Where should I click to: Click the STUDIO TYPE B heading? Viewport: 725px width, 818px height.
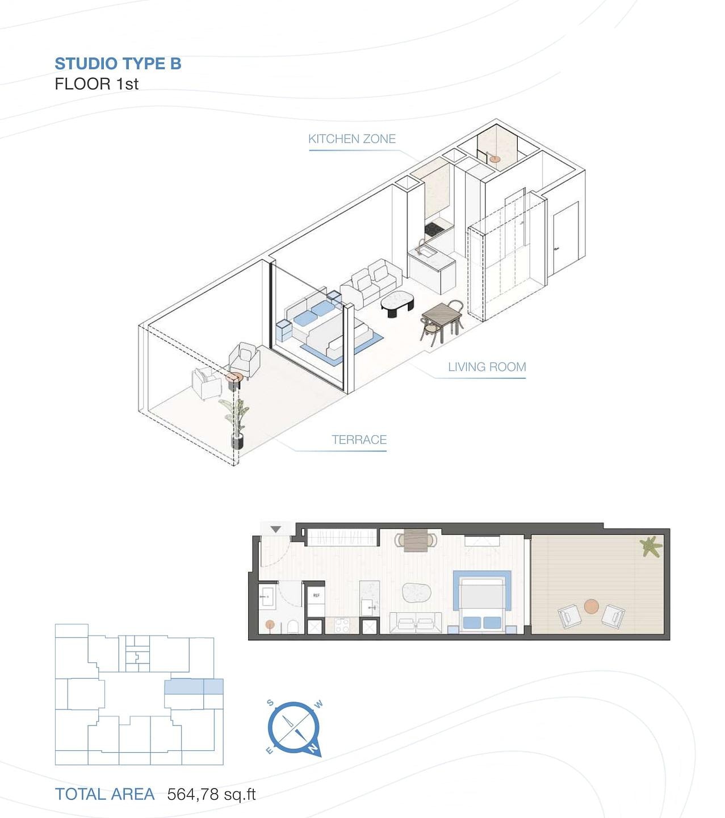[x=118, y=64]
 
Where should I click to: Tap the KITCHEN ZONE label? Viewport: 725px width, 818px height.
[x=352, y=139]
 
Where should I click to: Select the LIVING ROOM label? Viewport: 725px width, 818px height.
[x=487, y=366]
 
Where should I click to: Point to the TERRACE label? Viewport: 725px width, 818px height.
[x=359, y=439]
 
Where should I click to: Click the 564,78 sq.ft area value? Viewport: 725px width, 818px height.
[x=211, y=794]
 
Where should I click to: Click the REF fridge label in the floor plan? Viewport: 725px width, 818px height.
[x=316, y=595]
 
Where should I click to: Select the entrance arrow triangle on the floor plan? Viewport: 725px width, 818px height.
[x=275, y=529]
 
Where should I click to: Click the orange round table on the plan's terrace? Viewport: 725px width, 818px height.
[x=591, y=607]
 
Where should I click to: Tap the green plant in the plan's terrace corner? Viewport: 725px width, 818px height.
[x=651, y=546]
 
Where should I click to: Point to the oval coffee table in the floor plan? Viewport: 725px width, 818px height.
[x=416, y=592]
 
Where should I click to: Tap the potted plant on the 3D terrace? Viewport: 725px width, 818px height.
[x=236, y=424]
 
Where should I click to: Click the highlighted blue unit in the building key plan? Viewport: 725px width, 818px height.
[x=194, y=686]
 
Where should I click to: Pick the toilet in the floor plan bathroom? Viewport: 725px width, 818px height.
[x=293, y=627]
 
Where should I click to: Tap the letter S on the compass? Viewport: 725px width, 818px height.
[x=270, y=703]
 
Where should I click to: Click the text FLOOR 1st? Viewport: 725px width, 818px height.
[x=97, y=84]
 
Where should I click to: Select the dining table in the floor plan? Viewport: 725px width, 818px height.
[x=416, y=540]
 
